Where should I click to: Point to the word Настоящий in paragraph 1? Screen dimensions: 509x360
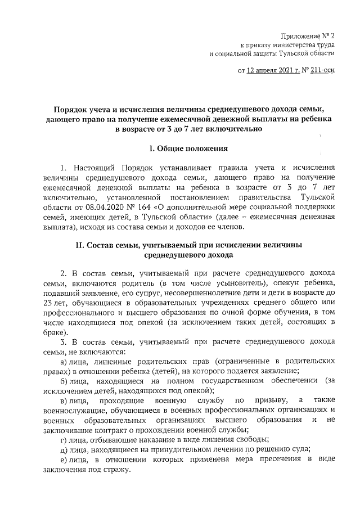(93, 168)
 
